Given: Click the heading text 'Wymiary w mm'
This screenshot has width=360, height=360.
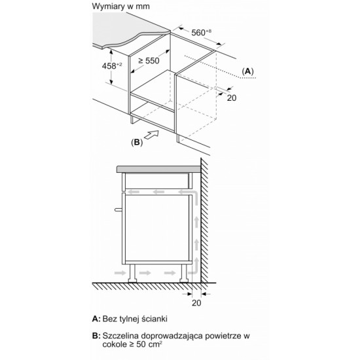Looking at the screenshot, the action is click(x=121, y=6).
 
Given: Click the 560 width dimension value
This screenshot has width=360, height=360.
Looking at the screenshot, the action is click(x=201, y=32).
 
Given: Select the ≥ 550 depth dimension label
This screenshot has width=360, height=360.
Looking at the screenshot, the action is click(x=149, y=61).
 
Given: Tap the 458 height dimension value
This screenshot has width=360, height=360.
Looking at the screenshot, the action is click(x=112, y=66).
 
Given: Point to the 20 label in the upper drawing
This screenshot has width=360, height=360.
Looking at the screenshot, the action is click(x=232, y=98).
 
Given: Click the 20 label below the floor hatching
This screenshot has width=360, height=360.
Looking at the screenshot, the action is click(x=196, y=303).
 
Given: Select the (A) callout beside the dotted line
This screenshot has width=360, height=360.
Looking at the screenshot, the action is click(x=247, y=71).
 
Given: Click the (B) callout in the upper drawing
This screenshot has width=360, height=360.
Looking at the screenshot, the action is click(x=137, y=142).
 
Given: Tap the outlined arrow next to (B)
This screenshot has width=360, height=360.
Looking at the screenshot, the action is click(x=151, y=135).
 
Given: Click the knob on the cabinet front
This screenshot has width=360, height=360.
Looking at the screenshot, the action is click(x=118, y=209).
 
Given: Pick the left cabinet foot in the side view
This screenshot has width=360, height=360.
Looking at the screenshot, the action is click(x=132, y=273).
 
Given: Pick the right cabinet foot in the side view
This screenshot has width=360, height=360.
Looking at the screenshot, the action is click(x=185, y=273).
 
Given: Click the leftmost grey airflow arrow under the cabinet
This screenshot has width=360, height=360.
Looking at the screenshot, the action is click(x=120, y=273).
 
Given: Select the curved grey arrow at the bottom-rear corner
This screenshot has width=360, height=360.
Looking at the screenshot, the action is click(x=194, y=268).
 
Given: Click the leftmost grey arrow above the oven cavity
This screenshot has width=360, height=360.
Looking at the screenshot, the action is click(x=134, y=192).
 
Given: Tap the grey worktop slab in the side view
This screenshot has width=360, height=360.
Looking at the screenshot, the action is click(x=158, y=170).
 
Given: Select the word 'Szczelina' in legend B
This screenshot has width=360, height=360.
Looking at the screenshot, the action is click(x=120, y=336).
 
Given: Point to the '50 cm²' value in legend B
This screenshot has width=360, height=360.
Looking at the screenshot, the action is click(x=149, y=344).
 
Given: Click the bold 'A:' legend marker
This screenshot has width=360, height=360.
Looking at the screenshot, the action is click(x=96, y=319).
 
